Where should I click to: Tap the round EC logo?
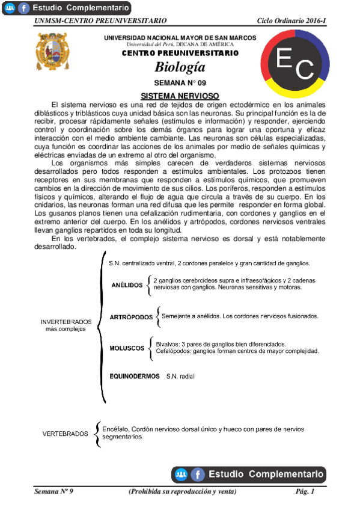[x=295, y=64]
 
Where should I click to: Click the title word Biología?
[x=180, y=67]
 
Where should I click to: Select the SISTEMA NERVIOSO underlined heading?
[x=180, y=96]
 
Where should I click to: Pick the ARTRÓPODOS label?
[x=132, y=317]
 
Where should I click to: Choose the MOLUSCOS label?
[x=127, y=348]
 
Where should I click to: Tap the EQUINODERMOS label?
[x=134, y=376]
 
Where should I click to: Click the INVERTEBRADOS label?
[x=66, y=322]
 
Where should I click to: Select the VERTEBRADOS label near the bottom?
[x=65, y=434]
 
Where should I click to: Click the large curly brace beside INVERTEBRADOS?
[x=100, y=328]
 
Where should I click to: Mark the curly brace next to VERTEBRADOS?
[x=97, y=434]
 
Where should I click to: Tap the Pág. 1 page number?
[x=305, y=492]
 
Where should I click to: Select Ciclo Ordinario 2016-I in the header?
[x=291, y=21]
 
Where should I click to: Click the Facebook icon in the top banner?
[x=24, y=8]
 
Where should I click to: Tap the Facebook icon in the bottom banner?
[x=198, y=475]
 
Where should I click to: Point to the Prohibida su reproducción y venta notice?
[x=183, y=492]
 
